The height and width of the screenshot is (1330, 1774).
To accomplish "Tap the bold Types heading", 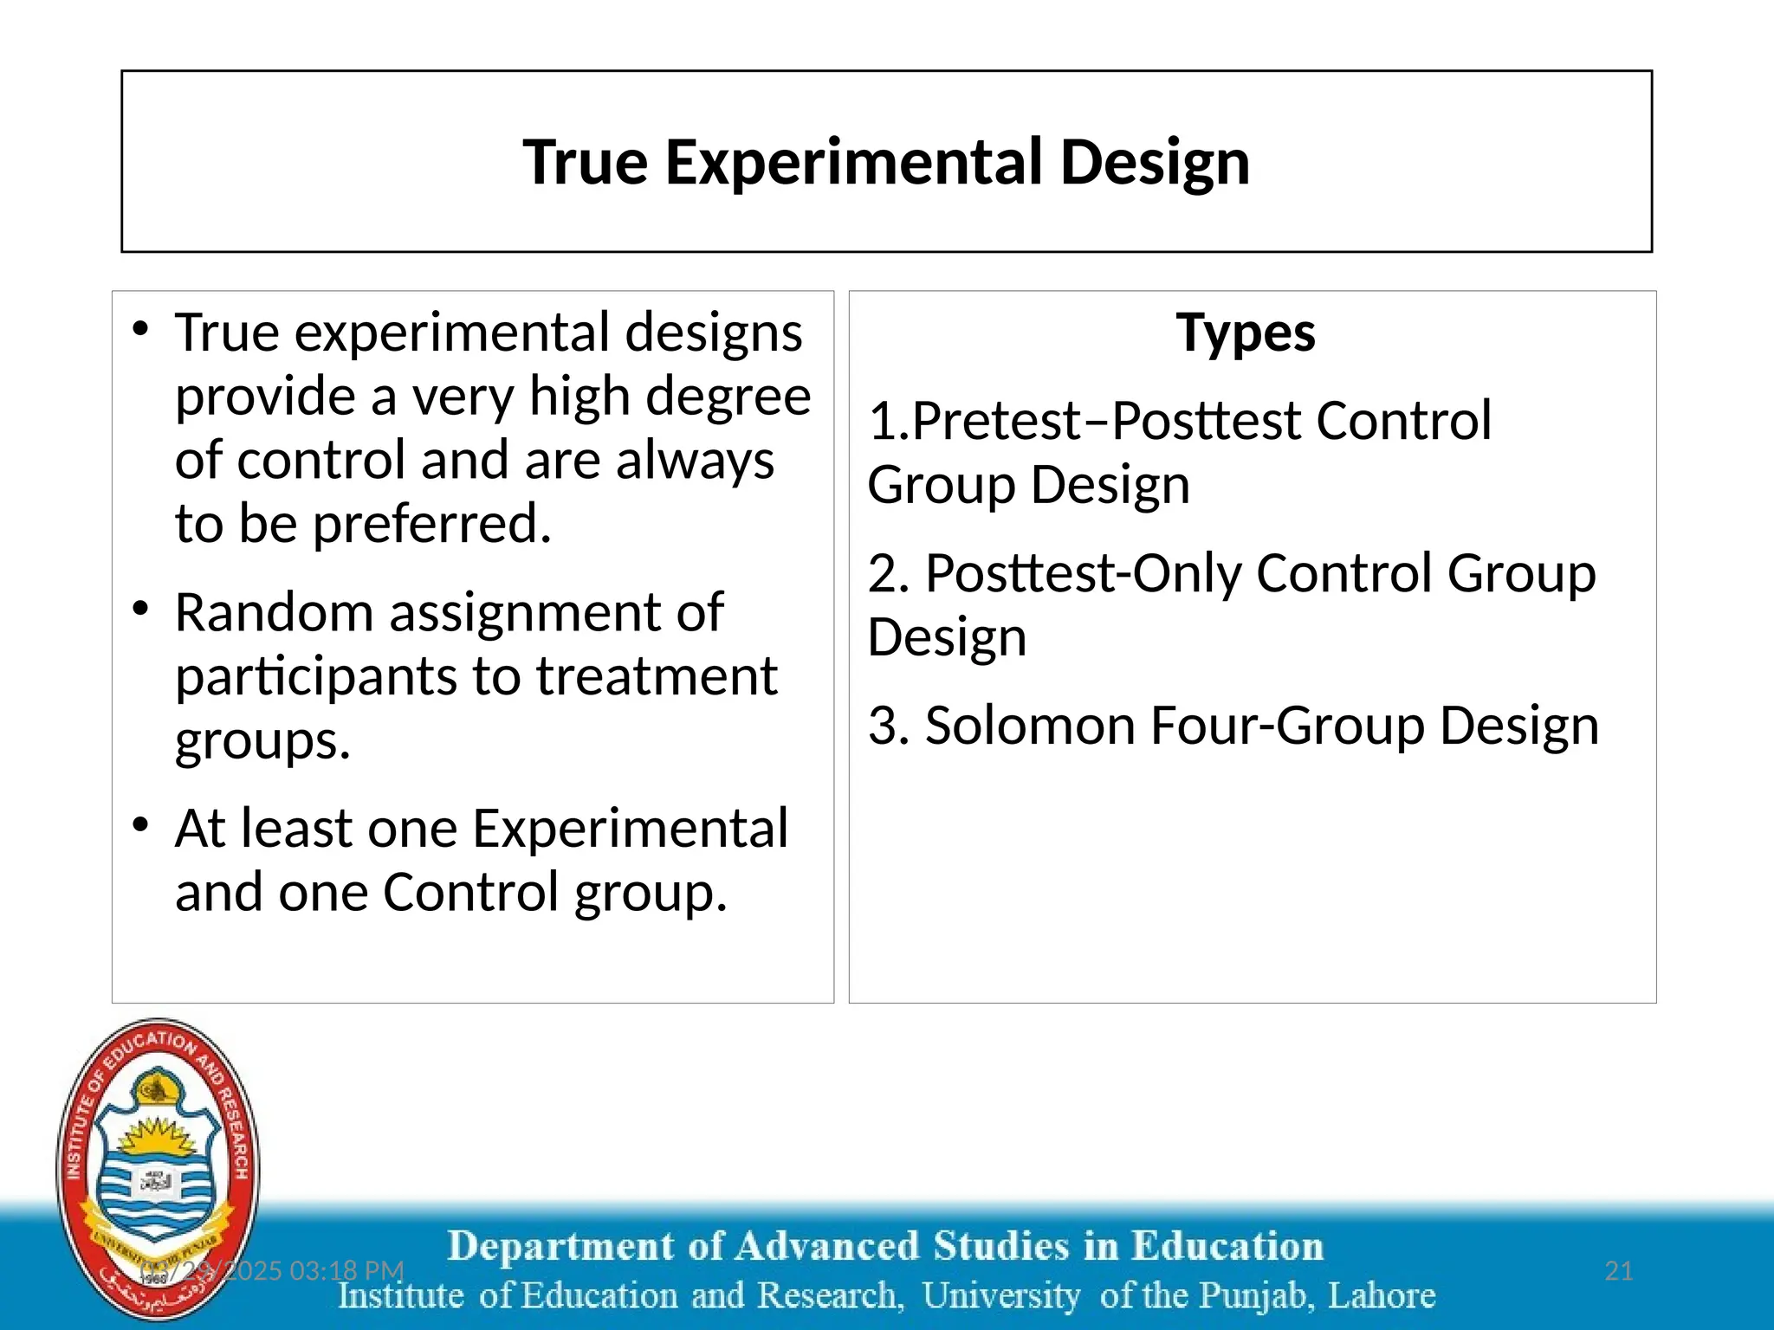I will tap(1245, 333).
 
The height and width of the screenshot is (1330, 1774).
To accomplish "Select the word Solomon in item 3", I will tap(1030, 726).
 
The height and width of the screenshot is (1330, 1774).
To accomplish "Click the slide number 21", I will tap(1618, 1271).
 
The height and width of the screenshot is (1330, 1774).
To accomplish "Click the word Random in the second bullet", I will tap(275, 613).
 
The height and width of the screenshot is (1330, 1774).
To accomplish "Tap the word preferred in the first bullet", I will tap(431, 525).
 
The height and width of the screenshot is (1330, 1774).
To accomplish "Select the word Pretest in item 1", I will tap(996, 422).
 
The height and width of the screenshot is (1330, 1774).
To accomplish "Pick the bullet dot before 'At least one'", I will tap(141, 824).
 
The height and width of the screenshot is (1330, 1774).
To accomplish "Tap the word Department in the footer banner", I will tap(560, 1247).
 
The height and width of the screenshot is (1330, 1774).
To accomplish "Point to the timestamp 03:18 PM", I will tap(346, 1271).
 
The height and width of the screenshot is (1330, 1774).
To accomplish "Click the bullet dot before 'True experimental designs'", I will tap(141, 328).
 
